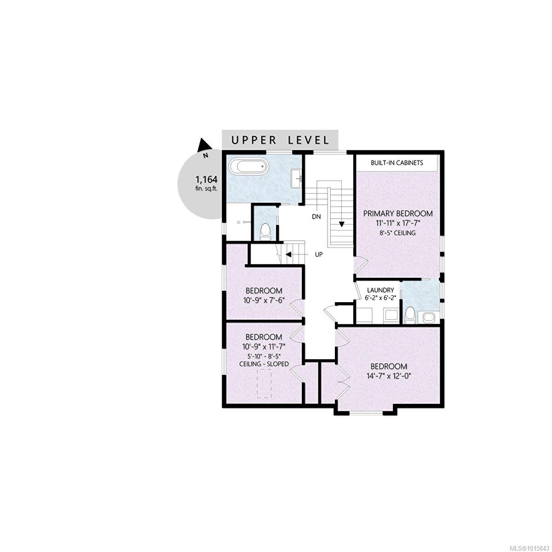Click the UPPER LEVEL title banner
[x=280, y=140]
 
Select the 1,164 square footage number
[x=206, y=179]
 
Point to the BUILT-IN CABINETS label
[x=397, y=163]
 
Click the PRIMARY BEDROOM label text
[x=398, y=213]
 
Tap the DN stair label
[x=316, y=216]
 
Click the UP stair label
[x=318, y=254]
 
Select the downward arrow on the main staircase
[x=342, y=224]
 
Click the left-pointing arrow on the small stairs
[x=288, y=254]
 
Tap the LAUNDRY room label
[x=380, y=290]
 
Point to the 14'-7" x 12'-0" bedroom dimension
[x=389, y=376]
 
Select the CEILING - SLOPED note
[x=264, y=364]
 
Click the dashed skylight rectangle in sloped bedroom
[x=264, y=383]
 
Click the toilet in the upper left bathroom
[x=265, y=232]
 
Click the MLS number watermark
[x=529, y=547]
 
